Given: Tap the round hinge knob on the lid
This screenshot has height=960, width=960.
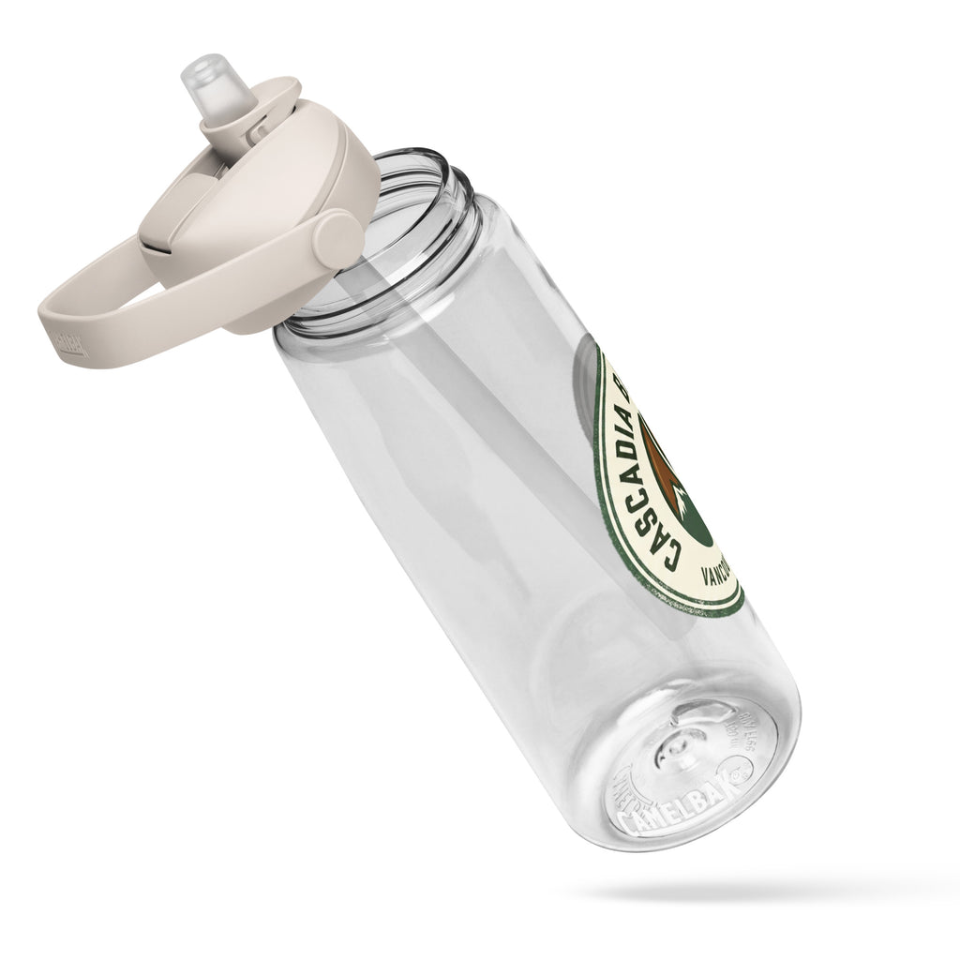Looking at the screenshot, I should click(x=336, y=240).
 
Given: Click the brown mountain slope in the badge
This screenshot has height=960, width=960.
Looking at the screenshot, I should click(x=688, y=487).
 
